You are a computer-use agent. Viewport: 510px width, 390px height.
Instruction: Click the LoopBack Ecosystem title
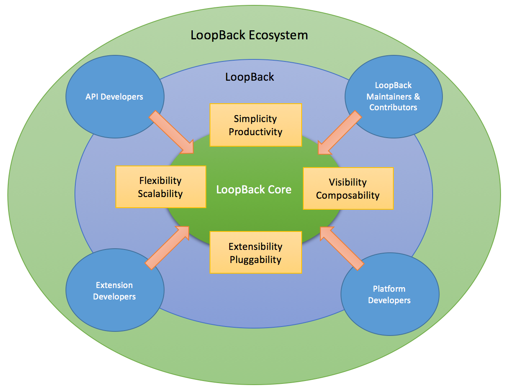click(x=249, y=35)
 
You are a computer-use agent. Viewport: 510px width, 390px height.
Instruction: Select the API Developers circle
click(x=115, y=97)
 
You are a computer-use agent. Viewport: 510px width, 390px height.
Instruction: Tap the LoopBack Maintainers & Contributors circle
click(x=393, y=97)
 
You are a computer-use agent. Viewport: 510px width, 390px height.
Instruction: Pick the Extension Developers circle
click(x=115, y=291)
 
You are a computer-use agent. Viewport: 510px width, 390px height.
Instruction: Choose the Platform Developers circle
click(x=390, y=295)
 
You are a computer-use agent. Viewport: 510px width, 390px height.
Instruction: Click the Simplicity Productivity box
click(x=255, y=125)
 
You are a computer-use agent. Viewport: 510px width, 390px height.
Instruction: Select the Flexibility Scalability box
click(x=160, y=187)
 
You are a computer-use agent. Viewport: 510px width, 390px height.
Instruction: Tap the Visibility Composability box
click(x=348, y=188)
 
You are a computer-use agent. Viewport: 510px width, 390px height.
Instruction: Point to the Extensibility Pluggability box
click(x=255, y=252)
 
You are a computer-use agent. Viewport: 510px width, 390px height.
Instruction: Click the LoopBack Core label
click(x=254, y=189)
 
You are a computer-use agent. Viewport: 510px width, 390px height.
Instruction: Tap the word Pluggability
click(x=255, y=259)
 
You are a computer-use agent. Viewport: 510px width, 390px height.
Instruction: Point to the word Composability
click(x=348, y=195)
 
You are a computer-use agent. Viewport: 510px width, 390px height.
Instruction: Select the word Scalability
click(x=160, y=194)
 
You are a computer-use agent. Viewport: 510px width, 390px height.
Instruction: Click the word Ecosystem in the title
click(x=280, y=35)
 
